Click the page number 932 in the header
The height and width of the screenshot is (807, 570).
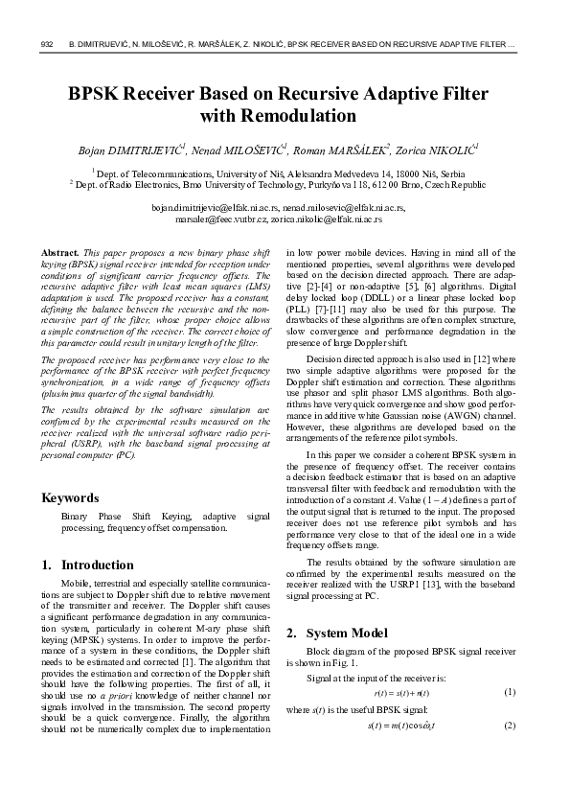46,45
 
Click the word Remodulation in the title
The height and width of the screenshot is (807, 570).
278,117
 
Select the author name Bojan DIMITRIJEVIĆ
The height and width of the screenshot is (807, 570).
131,151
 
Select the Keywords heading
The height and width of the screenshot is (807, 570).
70,497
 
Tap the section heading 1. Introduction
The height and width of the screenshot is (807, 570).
88,565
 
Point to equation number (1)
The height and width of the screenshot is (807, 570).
510,692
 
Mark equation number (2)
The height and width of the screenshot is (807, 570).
510,725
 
